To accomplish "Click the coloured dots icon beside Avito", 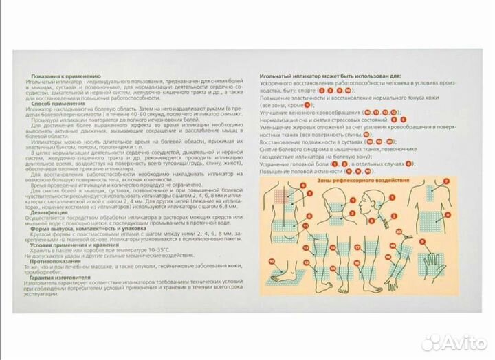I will [430, 341].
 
